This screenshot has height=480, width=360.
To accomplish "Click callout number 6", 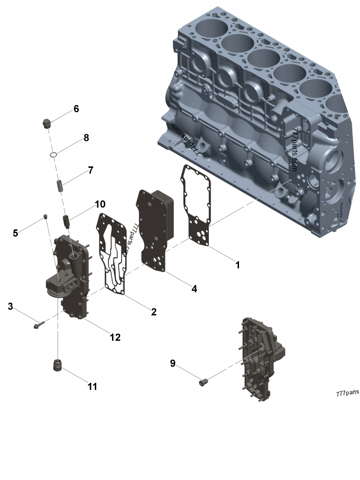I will click(x=76, y=108).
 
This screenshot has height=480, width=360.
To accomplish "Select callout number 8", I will click(x=86, y=138).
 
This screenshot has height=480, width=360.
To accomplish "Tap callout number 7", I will click(x=90, y=170).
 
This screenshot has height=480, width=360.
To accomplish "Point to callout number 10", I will click(x=99, y=205).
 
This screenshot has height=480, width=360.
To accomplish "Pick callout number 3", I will click(x=10, y=307).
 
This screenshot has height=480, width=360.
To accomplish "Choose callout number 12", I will click(x=115, y=337).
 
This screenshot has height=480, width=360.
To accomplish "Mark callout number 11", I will click(x=92, y=386).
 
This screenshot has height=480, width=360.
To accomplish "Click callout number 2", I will click(x=153, y=311).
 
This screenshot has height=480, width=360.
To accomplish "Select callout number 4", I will click(x=194, y=288).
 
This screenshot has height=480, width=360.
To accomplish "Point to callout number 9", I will click(x=172, y=363).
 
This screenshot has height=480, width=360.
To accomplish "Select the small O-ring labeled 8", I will click(x=53, y=155).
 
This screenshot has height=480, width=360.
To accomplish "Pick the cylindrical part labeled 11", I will click(x=58, y=365).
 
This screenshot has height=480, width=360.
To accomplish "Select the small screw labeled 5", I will click(x=45, y=218).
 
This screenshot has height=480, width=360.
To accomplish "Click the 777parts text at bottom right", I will click(x=347, y=393).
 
